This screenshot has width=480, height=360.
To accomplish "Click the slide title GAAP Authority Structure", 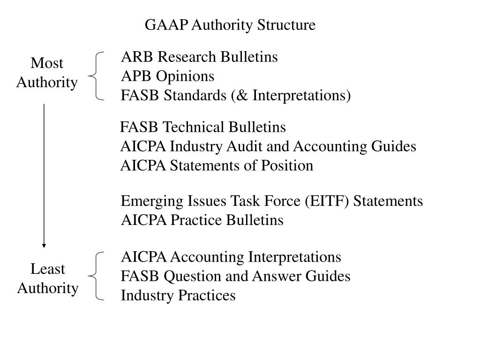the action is point(230,25).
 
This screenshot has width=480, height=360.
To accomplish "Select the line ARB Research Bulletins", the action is point(199,57).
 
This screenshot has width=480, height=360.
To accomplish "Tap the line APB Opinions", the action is point(167,76).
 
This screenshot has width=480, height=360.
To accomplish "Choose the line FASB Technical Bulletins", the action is point(203,127).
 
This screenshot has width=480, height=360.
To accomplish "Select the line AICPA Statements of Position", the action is point(217,166).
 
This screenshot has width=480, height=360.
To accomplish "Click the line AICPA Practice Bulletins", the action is point(202,220).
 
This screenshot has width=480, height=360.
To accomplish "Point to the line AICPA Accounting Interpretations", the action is point(231,257).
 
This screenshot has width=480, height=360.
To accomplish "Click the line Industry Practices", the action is point(178,296).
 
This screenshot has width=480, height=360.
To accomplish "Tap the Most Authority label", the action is point(47,73).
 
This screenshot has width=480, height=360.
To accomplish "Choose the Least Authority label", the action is point(47,278).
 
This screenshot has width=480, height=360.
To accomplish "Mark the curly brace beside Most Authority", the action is point(97,76).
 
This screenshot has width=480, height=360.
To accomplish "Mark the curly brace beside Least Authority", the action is point(97,276).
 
